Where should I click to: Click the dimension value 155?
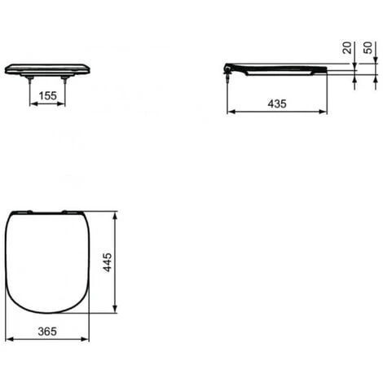point(48,95)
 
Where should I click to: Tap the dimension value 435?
point(277,103)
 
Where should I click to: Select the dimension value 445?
point(108,262)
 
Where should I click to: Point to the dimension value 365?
point(47,332)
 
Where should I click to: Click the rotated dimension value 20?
point(347,48)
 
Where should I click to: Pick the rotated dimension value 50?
point(368,48)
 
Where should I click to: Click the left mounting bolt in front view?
point(29,79)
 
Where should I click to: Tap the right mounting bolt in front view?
point(64,79)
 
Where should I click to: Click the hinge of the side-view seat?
point(227,68)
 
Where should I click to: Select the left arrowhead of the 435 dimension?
point(231,112)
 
